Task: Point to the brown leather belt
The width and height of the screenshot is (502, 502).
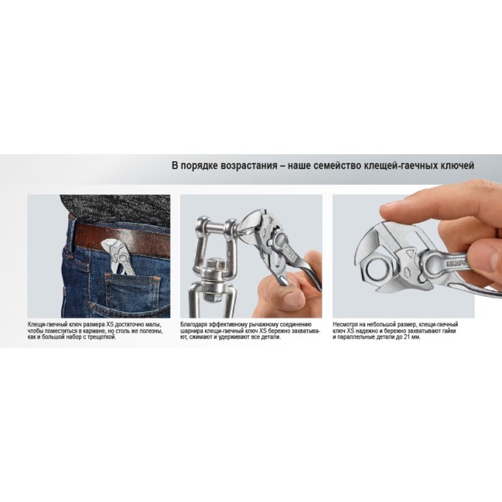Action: (122, 239)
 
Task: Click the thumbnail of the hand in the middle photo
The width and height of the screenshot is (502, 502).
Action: (293, 300)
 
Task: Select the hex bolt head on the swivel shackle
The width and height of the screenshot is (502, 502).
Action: (212, 265)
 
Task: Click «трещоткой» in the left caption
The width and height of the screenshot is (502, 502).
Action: (103, 337)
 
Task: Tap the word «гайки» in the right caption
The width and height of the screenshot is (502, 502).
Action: (448, 331)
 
